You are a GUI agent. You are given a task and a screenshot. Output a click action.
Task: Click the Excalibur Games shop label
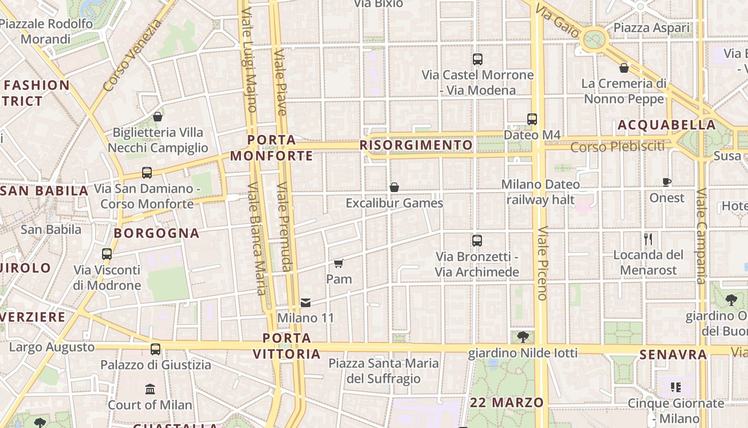pyautogui.click(x=394, y=203)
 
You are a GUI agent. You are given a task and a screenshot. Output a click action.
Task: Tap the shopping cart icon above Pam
pyautogui.click(x=338, y=263)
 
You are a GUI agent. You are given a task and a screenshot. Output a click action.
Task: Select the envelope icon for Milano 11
pyautogui.click(x=306, y=303)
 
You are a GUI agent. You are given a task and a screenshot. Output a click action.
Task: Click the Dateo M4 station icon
pyautogui.click(x=532, y=119)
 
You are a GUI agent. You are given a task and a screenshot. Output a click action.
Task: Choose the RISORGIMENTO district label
pyautogui.click(x=416, y=145)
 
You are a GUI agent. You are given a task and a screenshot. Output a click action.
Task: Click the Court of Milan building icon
pyautogui.click(x=150, y=389)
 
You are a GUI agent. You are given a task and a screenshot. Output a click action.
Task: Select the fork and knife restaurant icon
pyautogui.click(x=648, y=239)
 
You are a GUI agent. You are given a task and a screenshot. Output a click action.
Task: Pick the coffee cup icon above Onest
pyautogui.click(x=667, y=182)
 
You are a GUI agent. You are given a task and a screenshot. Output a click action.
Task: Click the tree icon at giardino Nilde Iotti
pyautogui.click(x=523, y=337)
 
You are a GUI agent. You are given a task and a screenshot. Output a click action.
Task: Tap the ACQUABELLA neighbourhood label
pyautogui.click(x=666, y=125)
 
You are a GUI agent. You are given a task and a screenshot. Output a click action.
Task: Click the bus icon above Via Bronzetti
pyautogui.click(x=477, y=241)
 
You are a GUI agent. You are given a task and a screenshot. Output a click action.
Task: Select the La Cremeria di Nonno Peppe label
pyautogui.click(x=624, y=91)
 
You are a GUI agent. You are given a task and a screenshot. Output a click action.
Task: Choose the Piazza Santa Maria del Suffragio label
pyautogui.click(x=384, y=371)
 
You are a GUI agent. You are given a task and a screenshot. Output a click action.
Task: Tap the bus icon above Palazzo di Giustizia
pyautogui.click(x=155, y=349)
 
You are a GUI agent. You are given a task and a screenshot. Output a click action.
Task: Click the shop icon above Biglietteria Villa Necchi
pyautogui.click(x=158, y=117)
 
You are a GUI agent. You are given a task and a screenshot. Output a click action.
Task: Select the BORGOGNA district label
pyautogui.click(x=157, y=233)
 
